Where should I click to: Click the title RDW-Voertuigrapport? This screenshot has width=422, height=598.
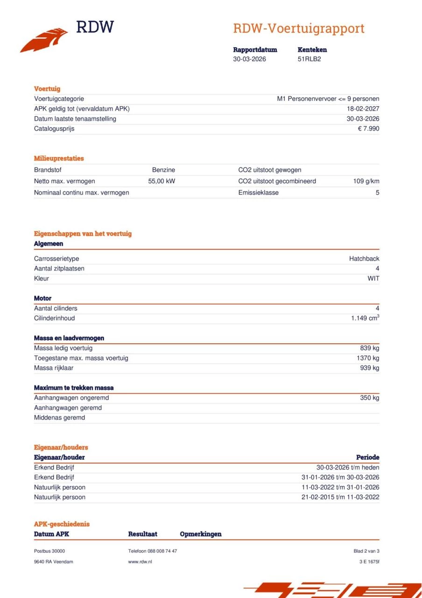tap(299, 28)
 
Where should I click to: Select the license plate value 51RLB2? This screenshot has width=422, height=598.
tap(309, 59)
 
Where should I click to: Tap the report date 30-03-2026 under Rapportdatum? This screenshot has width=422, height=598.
tap(249, 59)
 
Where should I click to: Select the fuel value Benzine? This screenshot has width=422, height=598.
tap(163, 170)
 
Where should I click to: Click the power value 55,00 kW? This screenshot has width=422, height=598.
tap(162, 181)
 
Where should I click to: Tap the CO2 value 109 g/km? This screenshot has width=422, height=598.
tap(366, 181)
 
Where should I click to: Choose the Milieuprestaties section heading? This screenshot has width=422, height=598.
tap(59, 158)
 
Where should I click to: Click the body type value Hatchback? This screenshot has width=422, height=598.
tap(364, 259)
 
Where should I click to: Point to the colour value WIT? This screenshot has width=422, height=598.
tap(373, 278)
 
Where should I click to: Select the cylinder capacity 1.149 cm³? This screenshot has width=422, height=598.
tap(365, 318)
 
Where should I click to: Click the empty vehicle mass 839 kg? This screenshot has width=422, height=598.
tap(369, 348)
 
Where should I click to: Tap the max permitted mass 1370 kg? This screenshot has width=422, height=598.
tap(368, 358)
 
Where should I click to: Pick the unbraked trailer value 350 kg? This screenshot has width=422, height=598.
tap(369, 398)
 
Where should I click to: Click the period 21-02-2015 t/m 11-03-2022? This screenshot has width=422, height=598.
tap(340, 497)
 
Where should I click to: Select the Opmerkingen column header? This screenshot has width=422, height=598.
tap(201, 534)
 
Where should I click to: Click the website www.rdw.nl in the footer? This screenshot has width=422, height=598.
tap(140, 562)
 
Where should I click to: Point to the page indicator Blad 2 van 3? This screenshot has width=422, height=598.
tap(366, 551)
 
